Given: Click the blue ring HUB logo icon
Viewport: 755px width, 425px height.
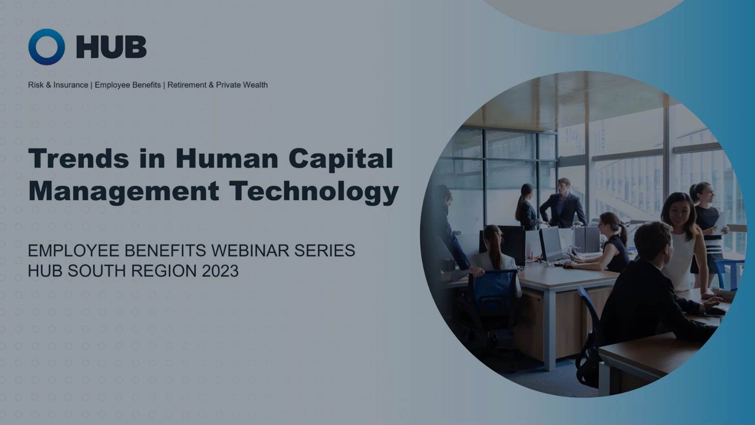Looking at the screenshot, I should click(46, 47).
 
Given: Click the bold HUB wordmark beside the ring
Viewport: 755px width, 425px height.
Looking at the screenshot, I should click(111, 47).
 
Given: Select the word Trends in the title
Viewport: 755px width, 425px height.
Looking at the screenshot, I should click(79, 158).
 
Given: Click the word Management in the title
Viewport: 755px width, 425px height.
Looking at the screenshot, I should click(124, 191).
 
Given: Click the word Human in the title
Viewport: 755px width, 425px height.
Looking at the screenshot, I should click(227, 158).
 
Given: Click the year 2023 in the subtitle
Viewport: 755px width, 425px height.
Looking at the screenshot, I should click(220, 271).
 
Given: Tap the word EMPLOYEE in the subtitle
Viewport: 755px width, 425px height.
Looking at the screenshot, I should click(73, 251).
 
